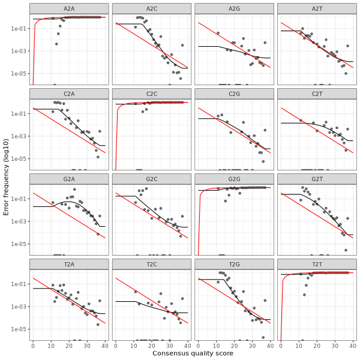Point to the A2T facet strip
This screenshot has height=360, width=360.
click(x=317, y=8)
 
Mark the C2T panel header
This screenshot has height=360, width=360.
click(x=317, y=94)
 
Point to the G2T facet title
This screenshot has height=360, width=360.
click(x=317, y=179)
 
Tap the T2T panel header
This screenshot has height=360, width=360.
click(x=317, y=264)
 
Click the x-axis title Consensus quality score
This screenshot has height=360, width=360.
click(x=193, y=354)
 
